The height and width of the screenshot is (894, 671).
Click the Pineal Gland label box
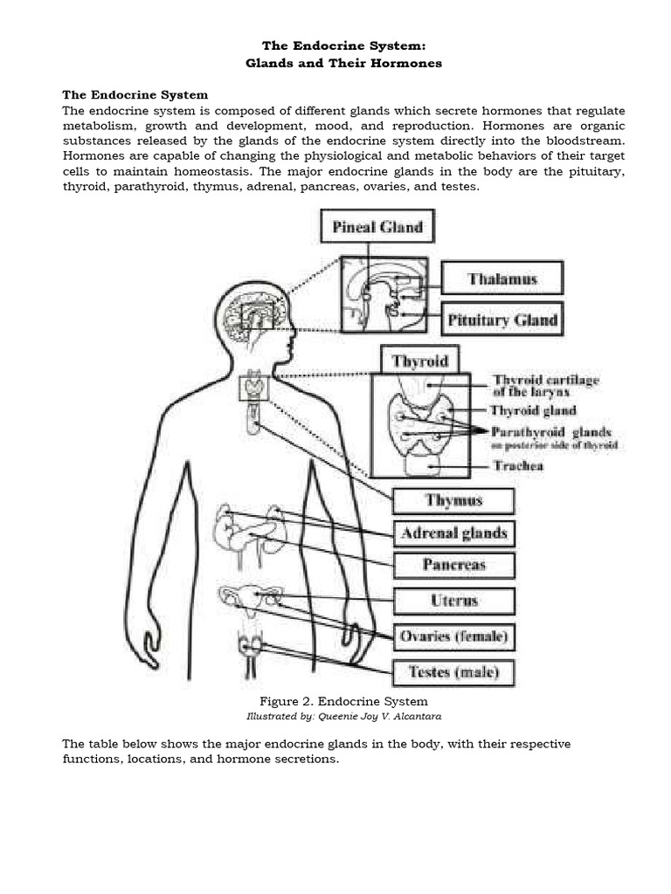(x=377, y=228)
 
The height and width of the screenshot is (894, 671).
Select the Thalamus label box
(x=502, y=279)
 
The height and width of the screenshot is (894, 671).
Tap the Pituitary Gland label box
(x=502, y=320)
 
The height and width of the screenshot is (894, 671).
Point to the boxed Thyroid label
(x=420, y=361)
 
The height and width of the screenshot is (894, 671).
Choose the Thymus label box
(x=453, y=501)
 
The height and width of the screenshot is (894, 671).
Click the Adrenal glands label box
(x=453, y=533)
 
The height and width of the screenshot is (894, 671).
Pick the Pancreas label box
(x=453, y=565)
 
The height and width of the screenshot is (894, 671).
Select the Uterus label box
(x=453, y=601)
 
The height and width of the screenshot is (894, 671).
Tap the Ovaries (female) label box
(x=453, y=636)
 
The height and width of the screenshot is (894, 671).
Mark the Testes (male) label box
(x=453, y=672)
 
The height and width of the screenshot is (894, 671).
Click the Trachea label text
(x=518, y=466)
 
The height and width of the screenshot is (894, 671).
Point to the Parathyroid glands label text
(x=551, y=432)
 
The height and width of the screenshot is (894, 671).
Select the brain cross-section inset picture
(x=384, y=294)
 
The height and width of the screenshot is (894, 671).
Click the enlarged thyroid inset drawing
(x=422, y=425)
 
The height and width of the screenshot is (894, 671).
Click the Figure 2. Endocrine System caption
(x=343, y=701)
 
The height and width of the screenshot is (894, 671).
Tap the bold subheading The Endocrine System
(x=135, y=94)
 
